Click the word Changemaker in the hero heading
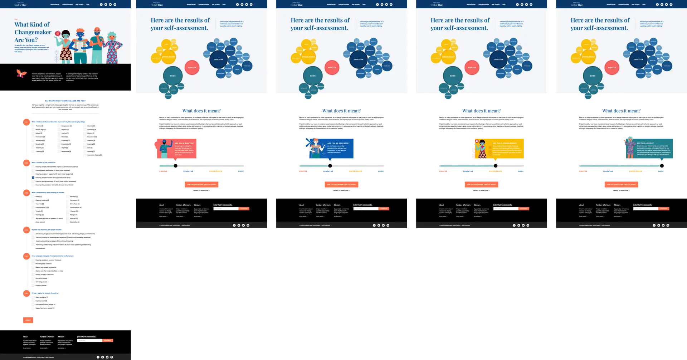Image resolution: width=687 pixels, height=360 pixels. point(33,32)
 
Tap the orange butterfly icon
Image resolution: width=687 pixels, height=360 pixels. point(21,74)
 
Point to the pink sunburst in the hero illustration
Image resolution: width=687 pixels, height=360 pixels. point(57,33)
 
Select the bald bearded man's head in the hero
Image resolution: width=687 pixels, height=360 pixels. point(97,31)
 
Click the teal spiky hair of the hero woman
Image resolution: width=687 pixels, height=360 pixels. point(112,35)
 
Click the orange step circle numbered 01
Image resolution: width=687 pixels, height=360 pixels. point(26,122)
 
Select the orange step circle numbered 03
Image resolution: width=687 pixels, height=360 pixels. point(26,193)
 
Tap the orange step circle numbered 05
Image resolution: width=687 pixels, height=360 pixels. point(26,256)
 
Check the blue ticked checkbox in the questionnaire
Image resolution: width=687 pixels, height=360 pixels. point(33,177)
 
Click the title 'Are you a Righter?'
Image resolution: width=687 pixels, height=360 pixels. point(184,143)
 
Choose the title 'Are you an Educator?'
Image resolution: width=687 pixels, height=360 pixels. point(338,143)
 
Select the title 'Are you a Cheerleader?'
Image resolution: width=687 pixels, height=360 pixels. point(505,143)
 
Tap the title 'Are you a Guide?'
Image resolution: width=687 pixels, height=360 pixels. point(645,143)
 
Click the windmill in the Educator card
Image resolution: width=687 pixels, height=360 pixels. point(309,142)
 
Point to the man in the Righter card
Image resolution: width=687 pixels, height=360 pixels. point(164,149)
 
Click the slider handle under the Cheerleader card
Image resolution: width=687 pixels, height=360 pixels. point(496,166)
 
